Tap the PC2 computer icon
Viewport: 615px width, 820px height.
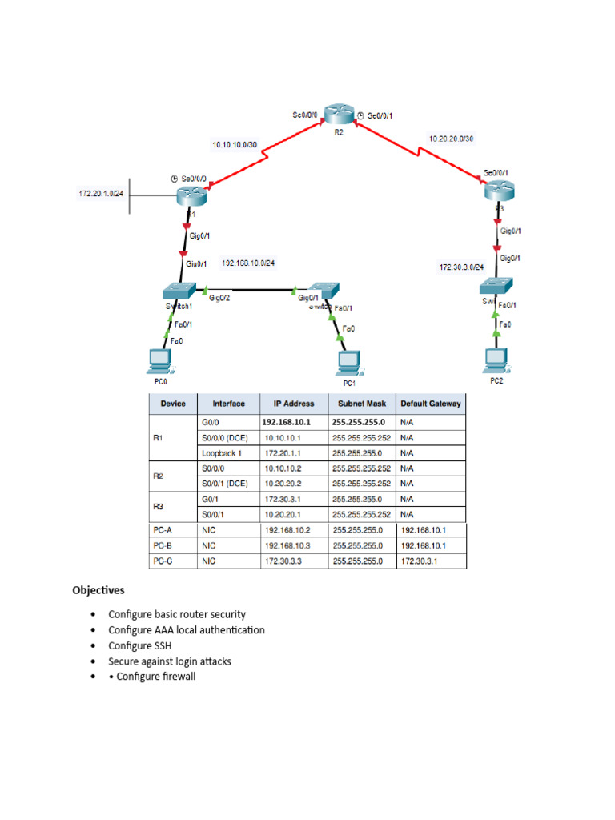497,360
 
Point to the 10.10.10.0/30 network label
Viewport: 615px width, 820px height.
235,145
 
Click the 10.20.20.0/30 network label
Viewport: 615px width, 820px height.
452,139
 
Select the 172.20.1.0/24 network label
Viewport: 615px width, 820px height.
100,195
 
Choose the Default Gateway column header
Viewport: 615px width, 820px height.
431,404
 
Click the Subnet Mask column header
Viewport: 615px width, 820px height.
363,404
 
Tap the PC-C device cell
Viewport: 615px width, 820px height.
163,561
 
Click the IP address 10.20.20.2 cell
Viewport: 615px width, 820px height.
283,484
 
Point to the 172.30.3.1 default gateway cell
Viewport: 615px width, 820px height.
419,561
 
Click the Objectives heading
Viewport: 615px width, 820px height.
98,591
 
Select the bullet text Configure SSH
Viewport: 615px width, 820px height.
140,646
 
